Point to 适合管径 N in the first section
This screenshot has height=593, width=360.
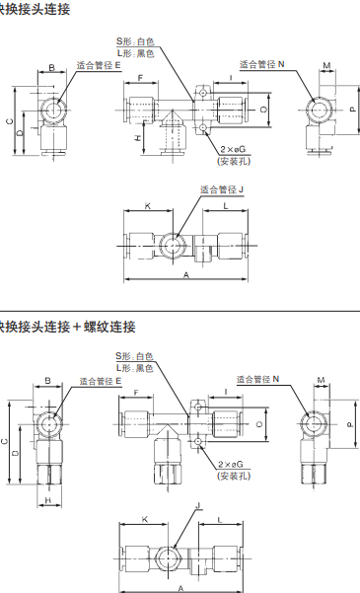click(x=261, y=63)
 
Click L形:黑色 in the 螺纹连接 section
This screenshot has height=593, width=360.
click(x=137, y=367)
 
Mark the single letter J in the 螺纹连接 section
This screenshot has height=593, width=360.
click(x=197, y=504)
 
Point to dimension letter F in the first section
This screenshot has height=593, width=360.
click(x=141, y=77)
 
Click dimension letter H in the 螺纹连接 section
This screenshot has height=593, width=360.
click(x=48, y=500)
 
